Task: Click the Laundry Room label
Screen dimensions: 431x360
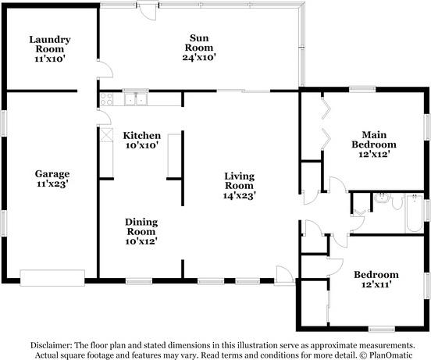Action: [50, 45]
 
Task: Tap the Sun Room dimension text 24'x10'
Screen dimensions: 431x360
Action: [199, 58]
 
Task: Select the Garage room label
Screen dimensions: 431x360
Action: [52, 174]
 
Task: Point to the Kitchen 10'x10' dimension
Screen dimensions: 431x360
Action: [142, 145]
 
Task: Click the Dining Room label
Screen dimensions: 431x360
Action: [141, 226]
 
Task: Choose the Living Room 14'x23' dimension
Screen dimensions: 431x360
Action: [240, 196]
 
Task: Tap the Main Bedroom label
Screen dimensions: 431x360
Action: [374, 140]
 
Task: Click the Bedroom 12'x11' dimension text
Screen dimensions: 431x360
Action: [376, 284]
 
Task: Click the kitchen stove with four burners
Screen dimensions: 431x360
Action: [106, 99]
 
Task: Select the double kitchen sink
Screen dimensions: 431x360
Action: [136, 99]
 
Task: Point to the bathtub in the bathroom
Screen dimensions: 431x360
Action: [414, 213]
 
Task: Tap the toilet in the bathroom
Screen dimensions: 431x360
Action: [397, 201]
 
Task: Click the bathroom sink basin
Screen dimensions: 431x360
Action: [382, 198]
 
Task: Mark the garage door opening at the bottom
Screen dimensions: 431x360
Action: [52, 278]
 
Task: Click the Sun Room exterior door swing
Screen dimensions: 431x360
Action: [148, 11]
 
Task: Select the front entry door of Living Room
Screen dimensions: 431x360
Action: [285, 275]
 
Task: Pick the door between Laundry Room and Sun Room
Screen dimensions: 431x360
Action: [105, 70]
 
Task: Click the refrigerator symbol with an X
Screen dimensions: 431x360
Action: [106, 134]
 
